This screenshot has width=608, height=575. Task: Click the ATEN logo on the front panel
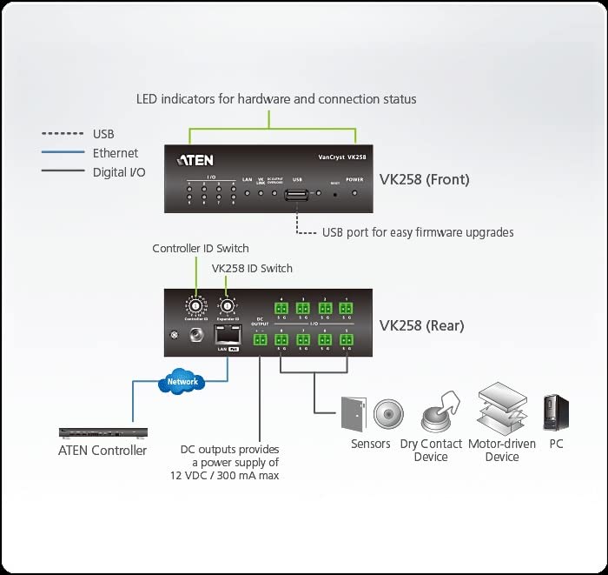click(x=195, y=160)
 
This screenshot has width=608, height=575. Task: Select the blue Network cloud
click(x=182, y=381)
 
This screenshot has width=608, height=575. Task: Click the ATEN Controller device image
click(x=102, y=432)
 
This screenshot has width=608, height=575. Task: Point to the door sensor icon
click(x=353, y=414)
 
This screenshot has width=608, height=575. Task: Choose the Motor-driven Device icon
click(x=502, y=409)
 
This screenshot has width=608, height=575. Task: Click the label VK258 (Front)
click(x=424, y=180)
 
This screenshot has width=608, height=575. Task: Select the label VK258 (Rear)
click(x=421, y=326)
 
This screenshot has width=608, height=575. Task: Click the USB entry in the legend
click(x=103, y=134)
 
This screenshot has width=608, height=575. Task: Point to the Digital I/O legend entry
click(x=119, y=172)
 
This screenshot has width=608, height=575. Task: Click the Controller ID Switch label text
click(x=201, y=249)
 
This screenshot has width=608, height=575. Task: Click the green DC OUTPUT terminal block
click(x=260, y=339)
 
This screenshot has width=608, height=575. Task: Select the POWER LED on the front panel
click(x=355, y=191)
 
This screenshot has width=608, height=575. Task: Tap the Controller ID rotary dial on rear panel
click(x=196, y=308)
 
